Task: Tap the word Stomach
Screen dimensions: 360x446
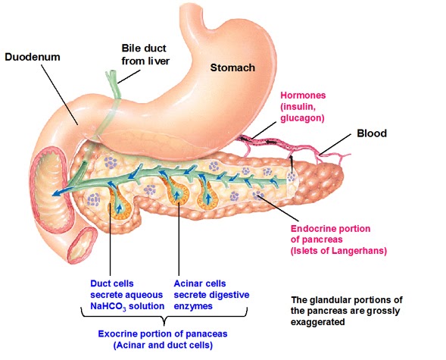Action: pyautogui.click(x=232, y=67)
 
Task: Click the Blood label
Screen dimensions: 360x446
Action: pyautogui.click(x=372, y=133)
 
